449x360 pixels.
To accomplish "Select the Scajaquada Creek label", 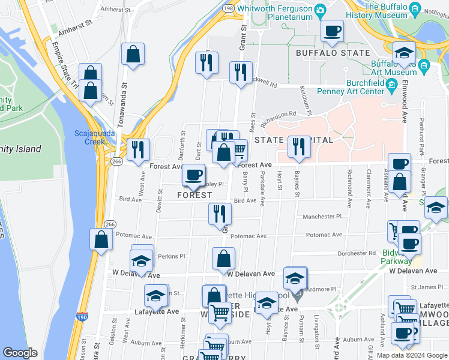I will pos(90,137).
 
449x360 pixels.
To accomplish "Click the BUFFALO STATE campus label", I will pos(333,53).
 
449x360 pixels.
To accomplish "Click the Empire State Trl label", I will pos(65,59).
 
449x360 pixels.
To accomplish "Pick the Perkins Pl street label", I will pos(172,256).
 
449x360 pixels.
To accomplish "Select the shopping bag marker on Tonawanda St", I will pos(133,53).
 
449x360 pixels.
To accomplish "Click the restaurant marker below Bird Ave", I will pos(220,214).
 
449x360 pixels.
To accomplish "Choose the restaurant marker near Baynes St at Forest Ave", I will pos(298,147).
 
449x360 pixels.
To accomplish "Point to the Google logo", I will pos(20,353).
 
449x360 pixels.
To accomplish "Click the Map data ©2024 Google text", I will pos(412,355).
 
